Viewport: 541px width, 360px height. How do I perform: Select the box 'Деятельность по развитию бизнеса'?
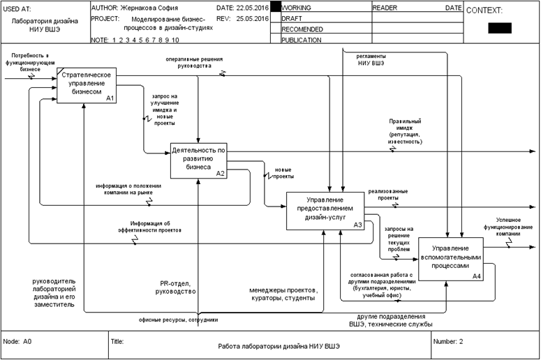click(198, 160)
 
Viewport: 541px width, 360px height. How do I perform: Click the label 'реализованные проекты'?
click(383, 194)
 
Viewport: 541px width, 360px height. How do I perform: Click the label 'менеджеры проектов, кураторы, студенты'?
click(283, 294)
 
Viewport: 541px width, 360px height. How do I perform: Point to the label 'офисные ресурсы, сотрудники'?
click(178, 320)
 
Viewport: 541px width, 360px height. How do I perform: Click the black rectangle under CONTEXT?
click(500, 28)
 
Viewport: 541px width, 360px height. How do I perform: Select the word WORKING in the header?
click(297, 8)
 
